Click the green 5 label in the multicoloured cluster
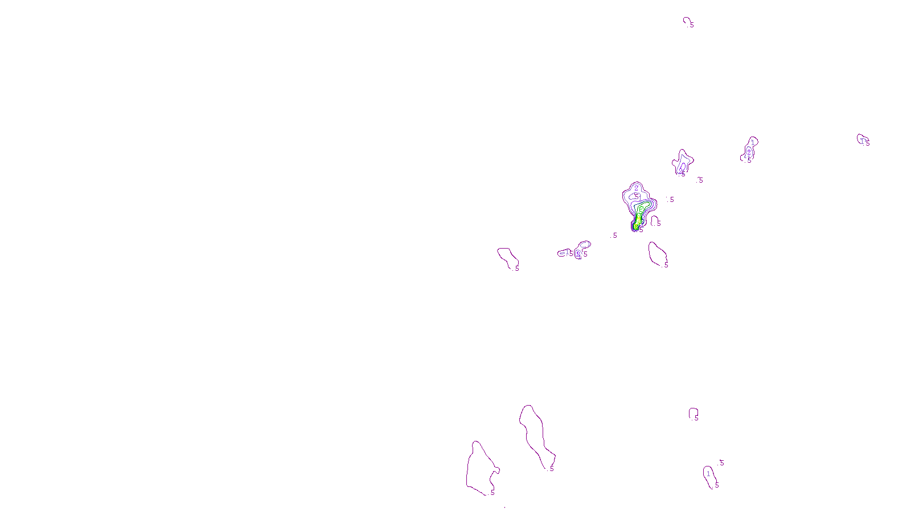[641, 209]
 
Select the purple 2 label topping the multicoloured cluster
[637, 188]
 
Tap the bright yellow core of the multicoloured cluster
[636, 226]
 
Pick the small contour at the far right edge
[861, 139]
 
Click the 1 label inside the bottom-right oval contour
[708, 473]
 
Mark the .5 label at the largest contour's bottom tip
[492, 492]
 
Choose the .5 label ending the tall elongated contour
[551, 469]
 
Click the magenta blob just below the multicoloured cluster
[657, 254]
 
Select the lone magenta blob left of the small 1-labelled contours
[507, 257]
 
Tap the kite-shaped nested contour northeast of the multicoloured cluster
[683, 162]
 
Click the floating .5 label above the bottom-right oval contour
[721, 463]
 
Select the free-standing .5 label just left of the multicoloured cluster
[614, 235]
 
